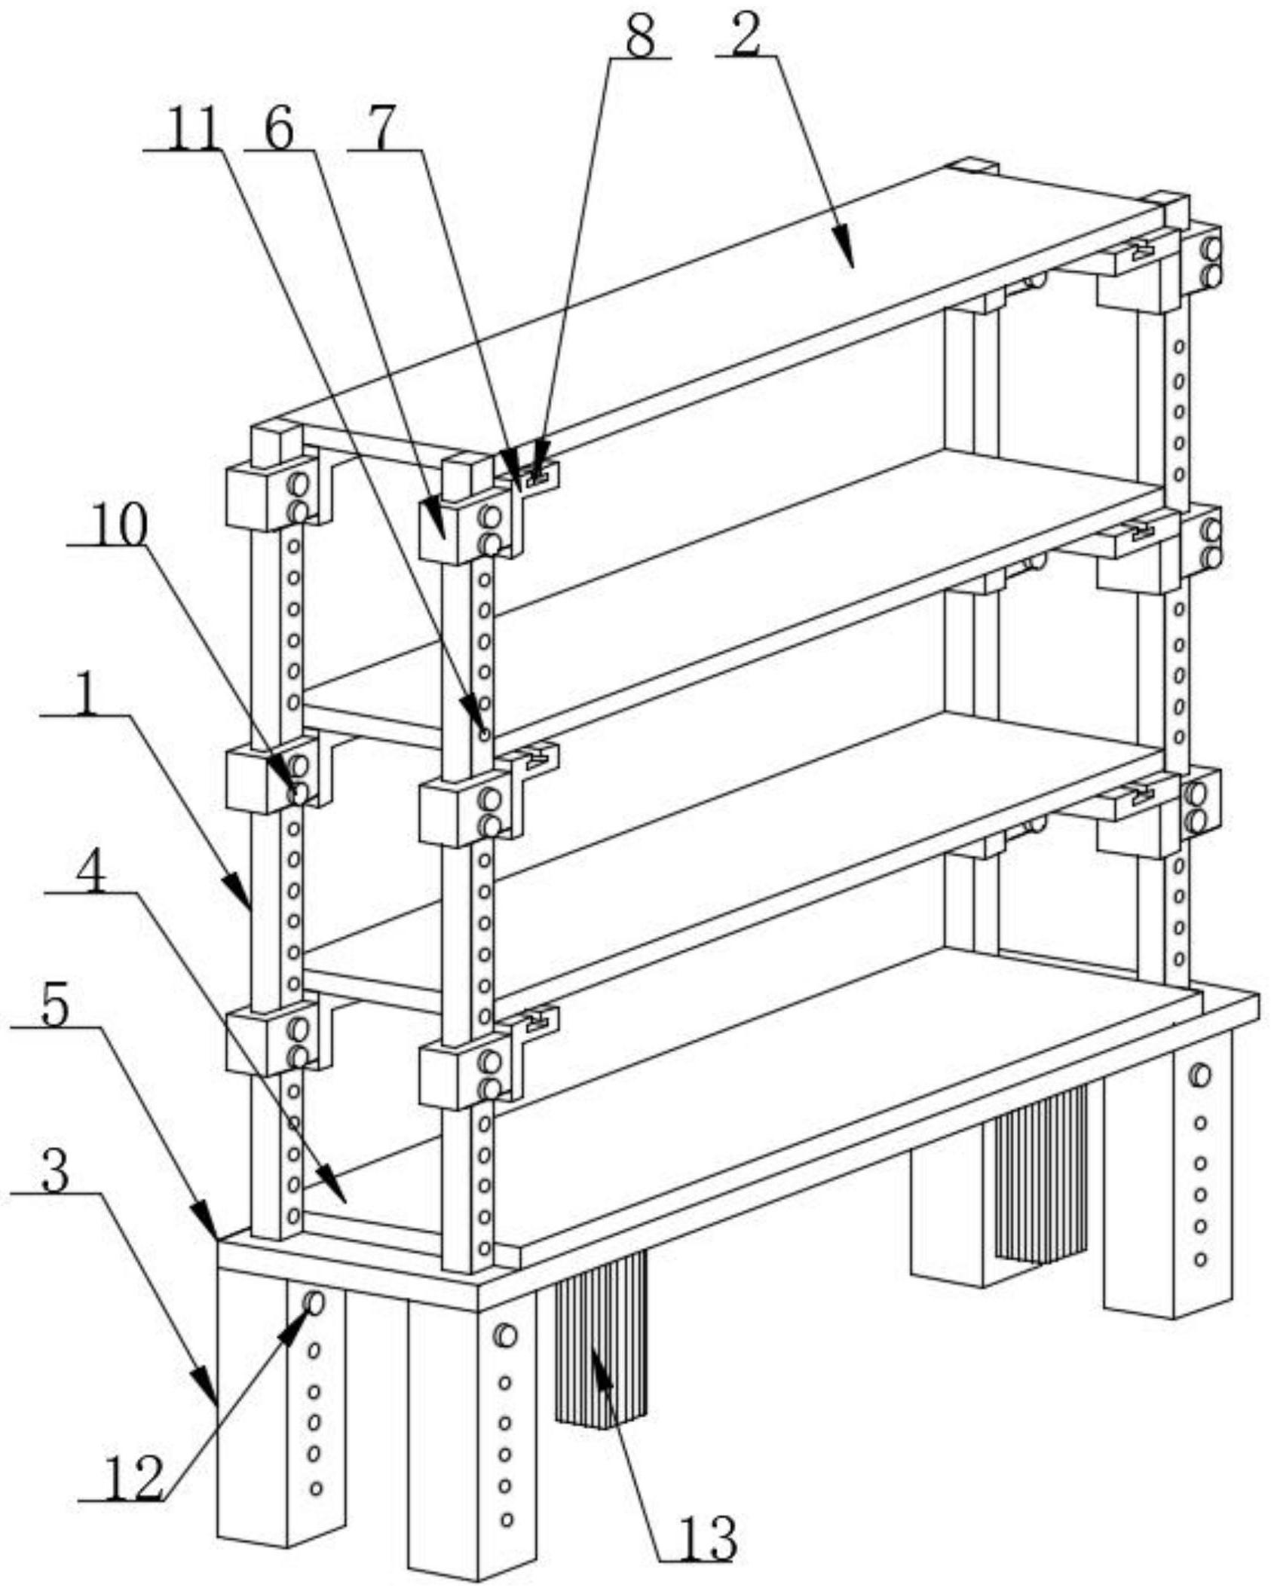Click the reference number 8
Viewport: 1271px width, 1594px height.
tap(640, 38)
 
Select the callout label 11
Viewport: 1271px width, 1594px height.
tap(194, 130)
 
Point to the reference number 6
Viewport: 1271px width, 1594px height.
tap(280, 130)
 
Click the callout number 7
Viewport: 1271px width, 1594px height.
tap(382, 130)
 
